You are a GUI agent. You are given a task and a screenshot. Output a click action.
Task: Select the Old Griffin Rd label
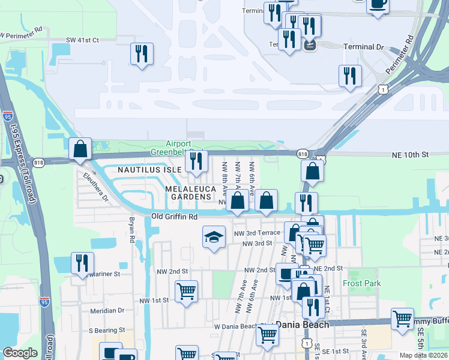click(x=174, y=217)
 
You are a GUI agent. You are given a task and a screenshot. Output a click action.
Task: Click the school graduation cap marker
click(x=214, y=236)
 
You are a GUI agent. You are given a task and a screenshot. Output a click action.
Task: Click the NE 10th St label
click(x=409, y=154)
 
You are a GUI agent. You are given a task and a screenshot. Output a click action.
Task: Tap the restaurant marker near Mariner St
click(x=82, y=263)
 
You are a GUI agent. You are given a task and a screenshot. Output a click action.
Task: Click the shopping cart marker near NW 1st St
click(x=186, y=292)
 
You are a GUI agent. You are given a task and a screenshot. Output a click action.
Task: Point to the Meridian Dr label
click(x=107, y=311)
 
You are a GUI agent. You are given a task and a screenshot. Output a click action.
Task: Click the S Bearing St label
click(x=107, y=330)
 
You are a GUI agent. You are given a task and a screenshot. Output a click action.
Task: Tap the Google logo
click(x=20, y=353)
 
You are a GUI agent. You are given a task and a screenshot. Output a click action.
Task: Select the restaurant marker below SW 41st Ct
click(x=142, y=54)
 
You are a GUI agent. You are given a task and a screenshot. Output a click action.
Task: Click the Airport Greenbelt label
click(x=179, y=148)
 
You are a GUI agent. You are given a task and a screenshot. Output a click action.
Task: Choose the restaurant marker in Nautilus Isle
click(x=196, y=161)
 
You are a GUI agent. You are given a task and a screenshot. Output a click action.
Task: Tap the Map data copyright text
click(x=423, y=355)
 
